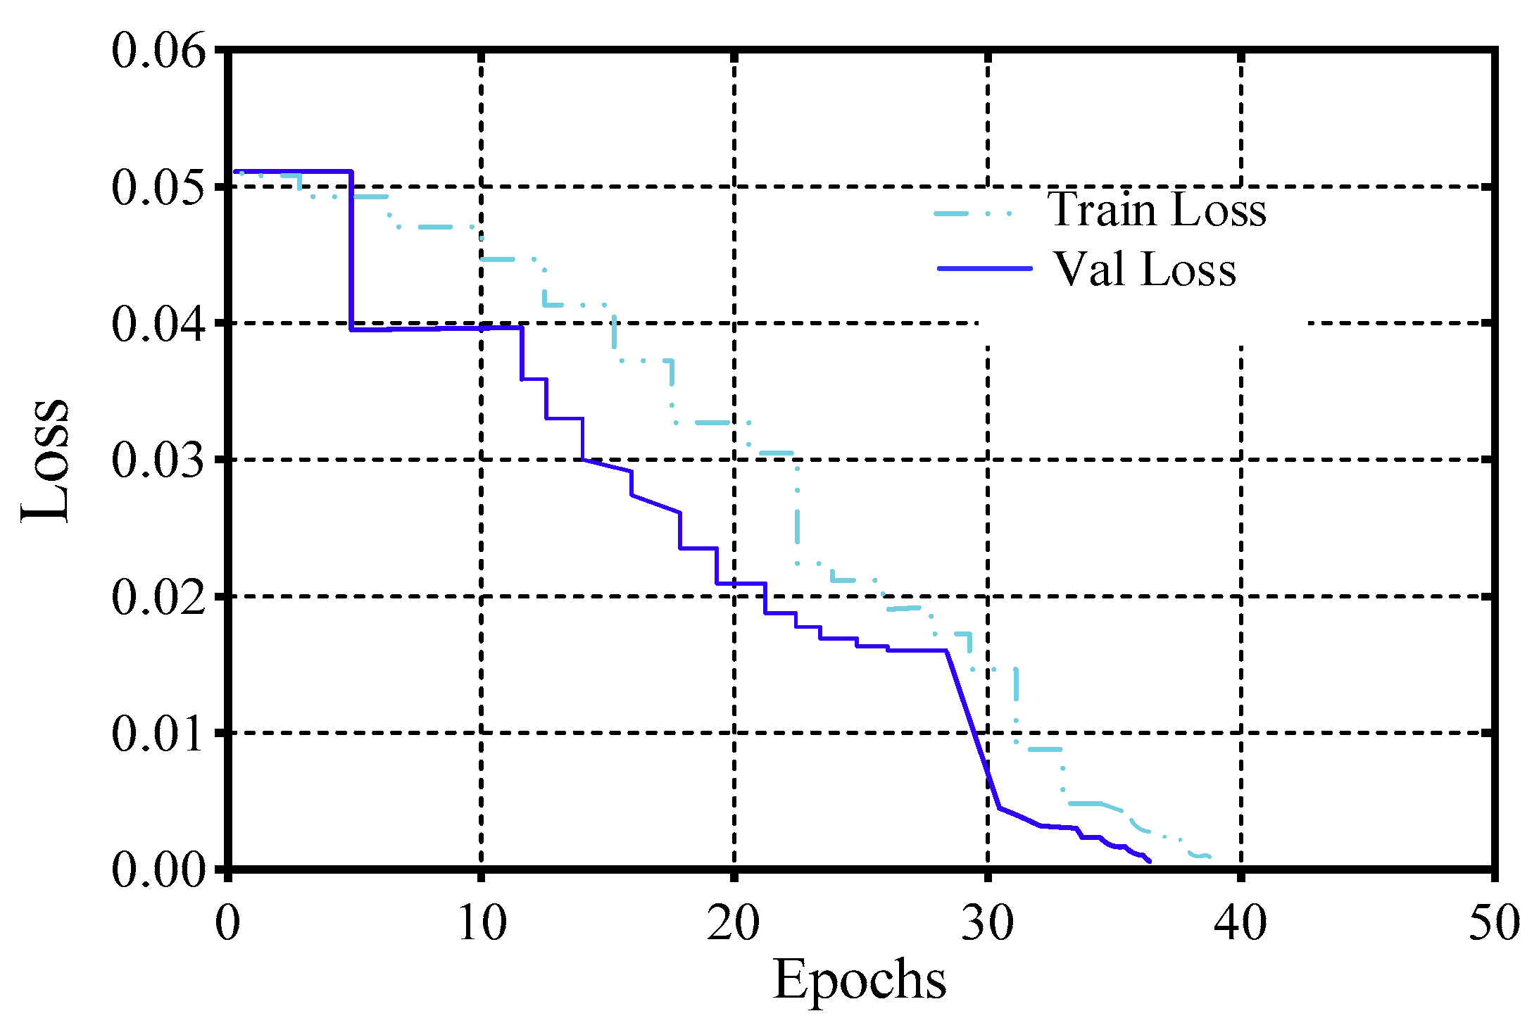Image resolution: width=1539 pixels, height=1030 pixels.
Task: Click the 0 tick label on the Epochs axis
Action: [227, 922]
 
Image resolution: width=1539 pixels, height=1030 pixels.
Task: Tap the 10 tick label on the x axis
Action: [482, 922]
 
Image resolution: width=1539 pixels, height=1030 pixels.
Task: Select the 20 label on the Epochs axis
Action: [734, 922]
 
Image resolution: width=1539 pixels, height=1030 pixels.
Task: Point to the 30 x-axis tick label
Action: [988, 922]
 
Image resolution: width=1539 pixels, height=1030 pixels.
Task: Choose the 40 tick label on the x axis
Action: [1240, 922]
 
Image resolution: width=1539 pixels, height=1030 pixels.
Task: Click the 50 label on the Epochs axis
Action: [1494, 922]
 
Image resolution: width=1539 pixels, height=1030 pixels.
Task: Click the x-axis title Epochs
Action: [860, 979]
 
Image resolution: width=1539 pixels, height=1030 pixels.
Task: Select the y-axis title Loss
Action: [45, 461]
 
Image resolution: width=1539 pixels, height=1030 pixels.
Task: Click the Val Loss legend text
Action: [1145, 269]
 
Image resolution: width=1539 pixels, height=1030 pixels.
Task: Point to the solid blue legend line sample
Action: [984, 268]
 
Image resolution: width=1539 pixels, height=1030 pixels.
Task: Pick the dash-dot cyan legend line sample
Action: [973, 213]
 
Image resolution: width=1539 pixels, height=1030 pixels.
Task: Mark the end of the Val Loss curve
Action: [1150, 861]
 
